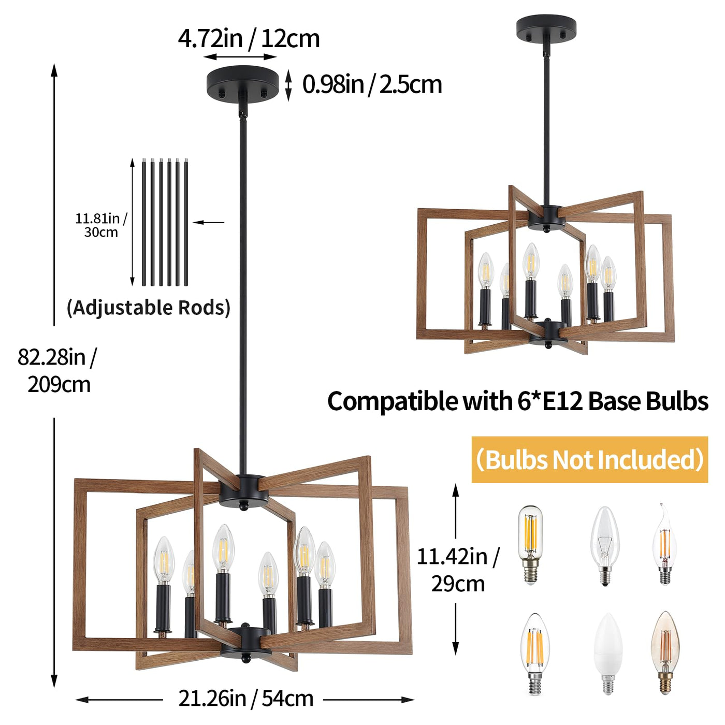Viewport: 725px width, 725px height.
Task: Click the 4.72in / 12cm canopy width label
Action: (x=249, y=39)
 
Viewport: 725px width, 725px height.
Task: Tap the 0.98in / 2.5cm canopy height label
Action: (x=372, y=84)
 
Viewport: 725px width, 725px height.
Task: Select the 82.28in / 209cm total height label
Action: (x=56, y=371)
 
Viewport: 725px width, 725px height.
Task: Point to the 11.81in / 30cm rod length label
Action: (x=101, y=225)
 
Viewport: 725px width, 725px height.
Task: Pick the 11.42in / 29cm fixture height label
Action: (x=458, y=570)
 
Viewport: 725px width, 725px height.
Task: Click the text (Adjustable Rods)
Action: (x=149, y=308)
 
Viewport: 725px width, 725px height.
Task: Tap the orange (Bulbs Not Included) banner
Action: (x=589, y=459)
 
